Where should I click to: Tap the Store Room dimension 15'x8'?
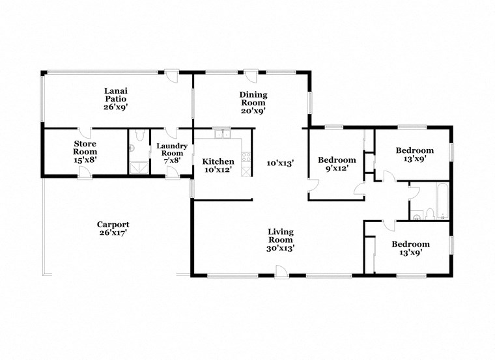[85, 159]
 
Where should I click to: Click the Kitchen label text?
[218, 161]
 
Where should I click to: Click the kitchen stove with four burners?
[246, 156]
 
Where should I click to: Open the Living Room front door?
[281, 271]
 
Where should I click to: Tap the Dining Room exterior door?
[251, 77]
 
